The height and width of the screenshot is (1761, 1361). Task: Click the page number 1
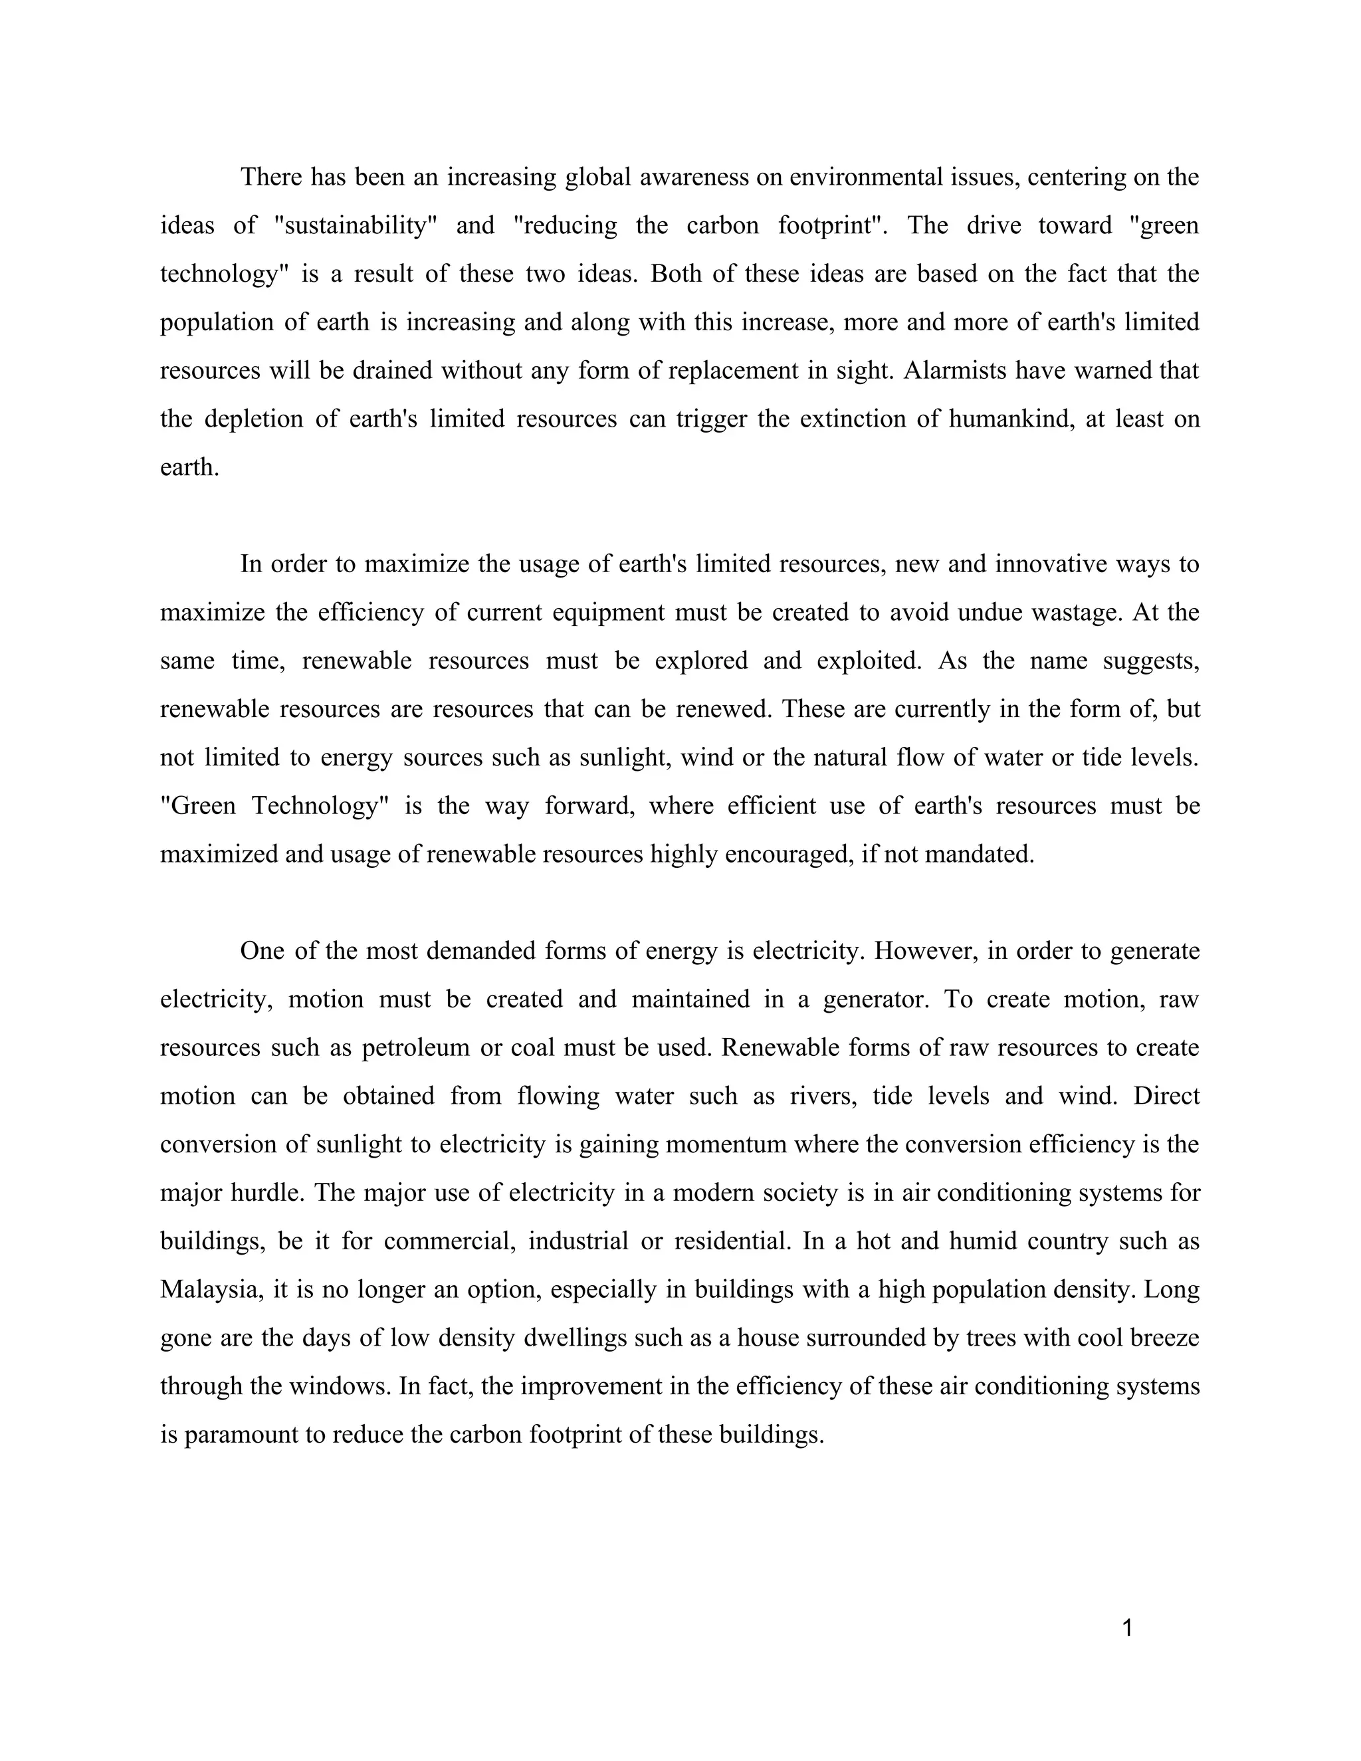coord(1127,1628)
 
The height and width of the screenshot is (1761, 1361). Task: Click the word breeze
coord(1164,1338)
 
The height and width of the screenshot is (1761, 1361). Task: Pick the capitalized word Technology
coord(315,805)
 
